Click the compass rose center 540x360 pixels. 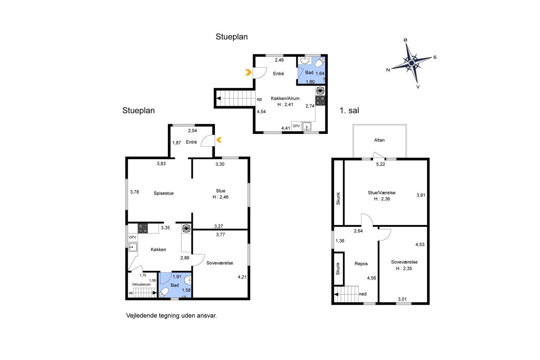[x=412, y=63]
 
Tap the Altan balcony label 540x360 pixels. [x=379, y=140]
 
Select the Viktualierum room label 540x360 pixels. [x=141, y=284]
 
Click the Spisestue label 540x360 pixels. [x=164, y=193]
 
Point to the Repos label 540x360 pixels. [x=361, y=264]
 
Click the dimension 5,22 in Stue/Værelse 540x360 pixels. [x=380, y=164]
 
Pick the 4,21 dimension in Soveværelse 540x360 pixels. [x=242, y=277]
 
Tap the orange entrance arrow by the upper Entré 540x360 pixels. [x=248, y=72]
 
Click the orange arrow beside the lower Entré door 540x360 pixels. [x=219, y=140]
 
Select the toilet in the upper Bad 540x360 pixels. [x=320, y=63]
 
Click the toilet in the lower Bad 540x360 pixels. [x=164, y=292]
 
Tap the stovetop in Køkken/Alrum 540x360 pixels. [x=320, y=101]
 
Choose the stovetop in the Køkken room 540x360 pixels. [x=143, y=228]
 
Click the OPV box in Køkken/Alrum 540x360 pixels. [x=296, y=126]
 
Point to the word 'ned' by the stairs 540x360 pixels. [x=363, y=294]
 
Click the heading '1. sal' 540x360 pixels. [x=349, y=110]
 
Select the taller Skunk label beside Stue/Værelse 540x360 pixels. [x=338, y=198]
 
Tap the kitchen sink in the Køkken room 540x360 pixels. [x=133, y=247]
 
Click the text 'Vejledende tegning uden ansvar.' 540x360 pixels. [x=171, y=316]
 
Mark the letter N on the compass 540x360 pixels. [x=388, y=70]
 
